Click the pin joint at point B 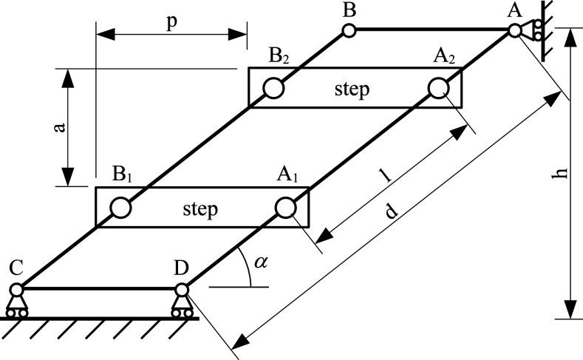click(349, 30)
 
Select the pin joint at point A click(514, 30)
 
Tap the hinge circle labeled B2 click(273, 89)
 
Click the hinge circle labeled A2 click(439, 89)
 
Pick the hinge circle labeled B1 click(121, 208)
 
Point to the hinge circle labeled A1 click(286, 208)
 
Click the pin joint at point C click(16, 289)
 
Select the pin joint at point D click(182, 289)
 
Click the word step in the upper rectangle click(352, 90)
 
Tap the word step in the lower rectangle click(200, 209)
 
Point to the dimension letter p click(171, 23)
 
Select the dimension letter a click(60, 127)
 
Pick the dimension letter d click(391, 211)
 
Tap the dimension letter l click(386, 175)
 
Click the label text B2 click(279, 57)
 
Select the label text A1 click(287, 174)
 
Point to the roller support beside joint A click(533, 30)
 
